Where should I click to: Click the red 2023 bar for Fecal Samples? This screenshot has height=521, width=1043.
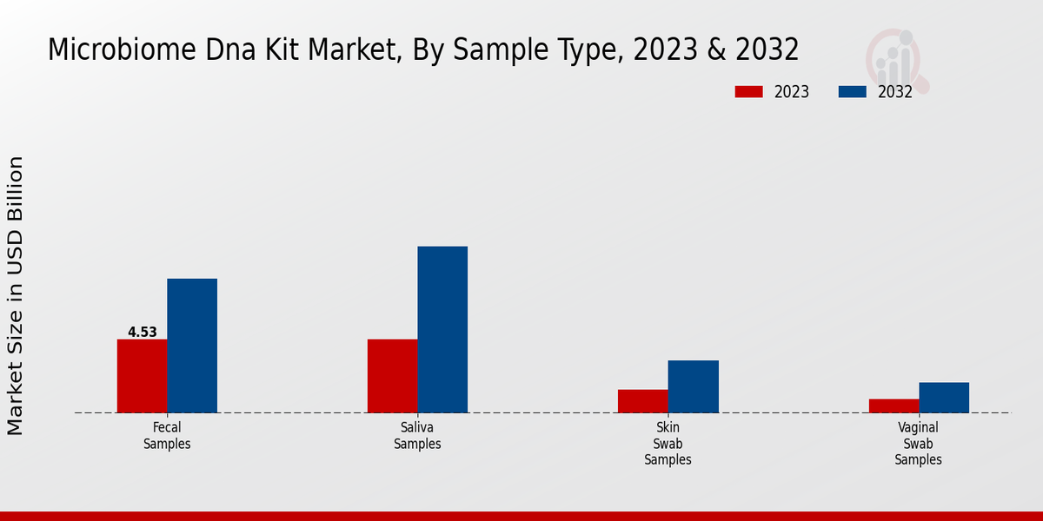pyautogui.click(x=142, y=375)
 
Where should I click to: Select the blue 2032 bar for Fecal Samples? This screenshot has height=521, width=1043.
pyautogui.click(x=192, y=346)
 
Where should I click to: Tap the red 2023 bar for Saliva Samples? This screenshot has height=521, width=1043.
pyautogui.click(x=392, y=375)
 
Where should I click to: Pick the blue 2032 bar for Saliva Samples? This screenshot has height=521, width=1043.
pyautogui.click(x=442, y=329)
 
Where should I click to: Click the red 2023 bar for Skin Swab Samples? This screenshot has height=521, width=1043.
pyautogui.click(x=643, y=400)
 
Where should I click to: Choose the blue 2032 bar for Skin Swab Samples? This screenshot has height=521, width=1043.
pyautogui.click(x=693, y=386)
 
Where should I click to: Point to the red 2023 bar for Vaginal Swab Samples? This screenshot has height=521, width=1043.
pyautogui.click(x=894, y=406)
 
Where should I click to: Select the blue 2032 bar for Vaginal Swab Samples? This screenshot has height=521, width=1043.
pyautogui.click(x=944, y=397)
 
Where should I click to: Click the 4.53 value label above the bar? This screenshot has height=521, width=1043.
pyautogui.click(x=142, y=332)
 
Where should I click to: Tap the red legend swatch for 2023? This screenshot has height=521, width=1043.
pyautogui.click(x=748, y=92)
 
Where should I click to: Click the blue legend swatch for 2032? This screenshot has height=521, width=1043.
pyautogui.click(x=852, y=92)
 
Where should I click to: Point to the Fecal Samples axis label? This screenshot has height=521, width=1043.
pyautogui.click(x=167, y=436)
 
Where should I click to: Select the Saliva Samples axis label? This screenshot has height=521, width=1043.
pyautogui.click(x=417, y=436)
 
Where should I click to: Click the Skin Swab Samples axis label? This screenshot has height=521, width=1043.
pyautogui.click(x=668, y=444)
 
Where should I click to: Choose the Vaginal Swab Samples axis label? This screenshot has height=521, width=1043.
pyautogui.click(x=919, y=444)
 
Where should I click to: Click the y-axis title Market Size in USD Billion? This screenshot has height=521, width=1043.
pyautogui.click(x=16, y=295)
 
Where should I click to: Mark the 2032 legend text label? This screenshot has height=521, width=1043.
pyautogui.click(x=894, y=92)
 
